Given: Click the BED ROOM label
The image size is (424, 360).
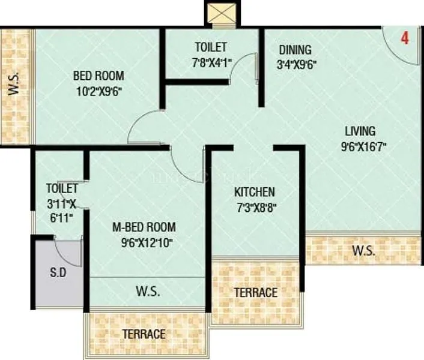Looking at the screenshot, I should [x=98, y=76].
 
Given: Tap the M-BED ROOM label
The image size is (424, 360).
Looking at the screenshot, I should [x=144, y=227].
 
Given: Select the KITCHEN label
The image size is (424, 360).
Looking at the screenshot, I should [x=255, y=192].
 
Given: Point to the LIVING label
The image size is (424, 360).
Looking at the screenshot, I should [x=360, y=131].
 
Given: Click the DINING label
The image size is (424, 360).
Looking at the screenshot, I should [x=294, y=50].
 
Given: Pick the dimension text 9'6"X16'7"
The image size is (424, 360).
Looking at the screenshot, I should [x=360, y=146].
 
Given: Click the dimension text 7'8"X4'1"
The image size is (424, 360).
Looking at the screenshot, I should [x=211, y=62].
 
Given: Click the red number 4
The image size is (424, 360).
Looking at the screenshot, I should [x=405, y=38].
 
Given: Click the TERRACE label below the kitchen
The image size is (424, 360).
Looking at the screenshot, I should [x=256, y=292].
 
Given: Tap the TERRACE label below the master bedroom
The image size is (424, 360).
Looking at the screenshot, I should [x=144, y=334].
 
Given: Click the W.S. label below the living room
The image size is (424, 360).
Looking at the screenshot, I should [x=363, y=251].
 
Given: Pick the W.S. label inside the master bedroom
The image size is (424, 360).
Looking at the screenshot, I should [x=147, y=292].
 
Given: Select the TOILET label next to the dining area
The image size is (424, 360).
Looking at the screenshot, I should [x=211, y=47].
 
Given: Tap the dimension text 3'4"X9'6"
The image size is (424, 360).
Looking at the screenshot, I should [x=296, y=65].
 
